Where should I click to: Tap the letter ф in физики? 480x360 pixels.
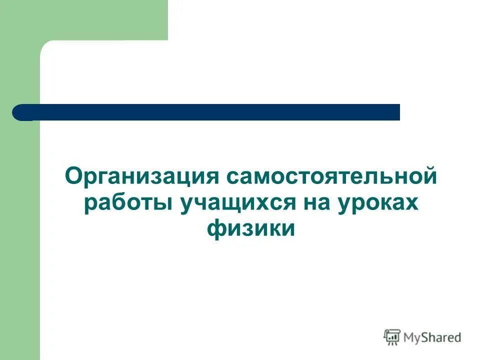pos(215,229)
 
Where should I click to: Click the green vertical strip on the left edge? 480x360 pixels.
pos(20,225)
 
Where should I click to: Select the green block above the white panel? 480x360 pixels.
pos(100,20)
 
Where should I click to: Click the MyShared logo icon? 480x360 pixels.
pos(392,337)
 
